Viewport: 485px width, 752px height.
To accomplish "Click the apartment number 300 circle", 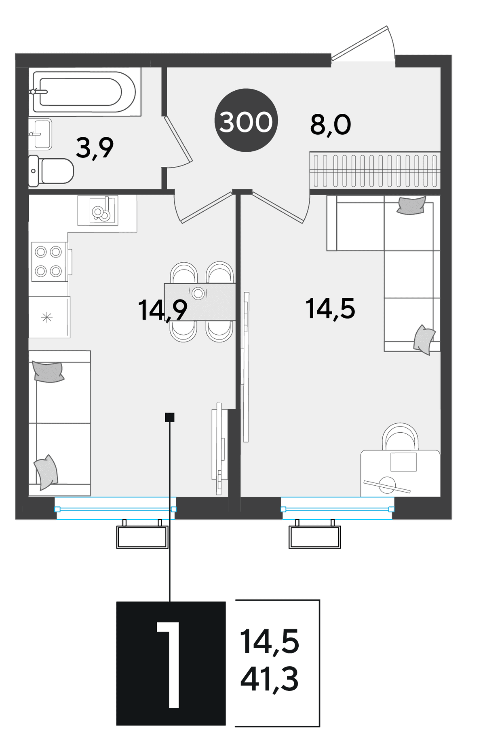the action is coord(246,121).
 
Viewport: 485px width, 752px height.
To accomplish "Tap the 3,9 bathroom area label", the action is coord(95,148).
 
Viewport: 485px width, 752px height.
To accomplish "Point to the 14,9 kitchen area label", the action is coord(162,310).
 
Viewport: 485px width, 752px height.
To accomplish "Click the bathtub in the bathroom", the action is coord(84,92).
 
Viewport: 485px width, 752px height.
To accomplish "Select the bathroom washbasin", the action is coord(40,134).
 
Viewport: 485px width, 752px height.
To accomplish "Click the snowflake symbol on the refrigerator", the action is coord(47,317).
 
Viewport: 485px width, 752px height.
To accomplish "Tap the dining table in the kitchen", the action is coord(200,302).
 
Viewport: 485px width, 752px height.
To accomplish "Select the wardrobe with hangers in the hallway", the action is coord(375,170).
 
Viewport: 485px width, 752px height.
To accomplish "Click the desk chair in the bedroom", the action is coord(400,437).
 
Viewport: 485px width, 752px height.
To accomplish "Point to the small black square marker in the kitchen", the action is coord(170,417).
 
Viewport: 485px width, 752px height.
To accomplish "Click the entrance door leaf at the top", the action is coord(360,43).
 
